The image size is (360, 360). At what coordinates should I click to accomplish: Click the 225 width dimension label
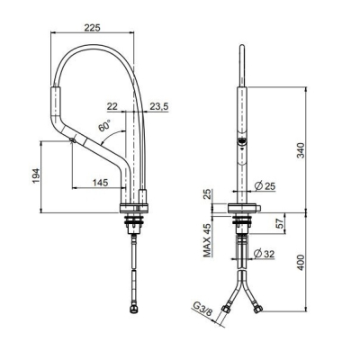tap(92, 28)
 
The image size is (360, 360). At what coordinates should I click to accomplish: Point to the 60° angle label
tap(104, 125)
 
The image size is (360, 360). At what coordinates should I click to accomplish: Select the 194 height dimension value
tap(36, 175)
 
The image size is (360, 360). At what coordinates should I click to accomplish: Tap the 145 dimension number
tap(100, 183)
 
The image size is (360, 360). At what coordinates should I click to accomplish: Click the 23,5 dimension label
tap(159, 106)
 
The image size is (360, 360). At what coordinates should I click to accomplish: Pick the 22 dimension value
tap(112, 106)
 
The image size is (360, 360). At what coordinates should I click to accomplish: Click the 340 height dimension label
tap(301, 150)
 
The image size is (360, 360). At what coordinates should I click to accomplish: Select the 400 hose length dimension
tap(301, 263)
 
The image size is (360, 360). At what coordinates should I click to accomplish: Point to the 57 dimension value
tap(280, 223)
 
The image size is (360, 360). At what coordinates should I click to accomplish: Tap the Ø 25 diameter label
tap(265, 186)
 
